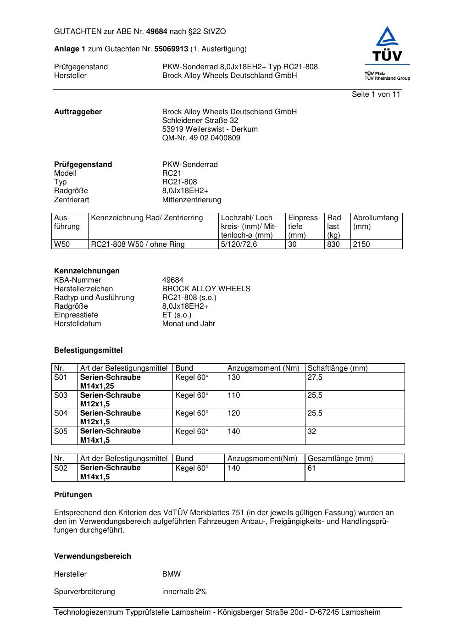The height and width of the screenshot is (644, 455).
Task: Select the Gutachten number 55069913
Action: click(171, 49)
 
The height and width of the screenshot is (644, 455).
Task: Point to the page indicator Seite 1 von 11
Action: click(376, 94)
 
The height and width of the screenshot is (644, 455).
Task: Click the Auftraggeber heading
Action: click(78, 112)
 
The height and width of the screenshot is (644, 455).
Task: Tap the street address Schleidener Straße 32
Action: click(200, 121)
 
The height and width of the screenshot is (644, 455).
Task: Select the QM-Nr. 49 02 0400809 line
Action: click(201, 138)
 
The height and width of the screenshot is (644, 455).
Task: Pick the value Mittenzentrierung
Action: click(191, 200)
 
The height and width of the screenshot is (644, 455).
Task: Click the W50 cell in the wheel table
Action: click(62, 244)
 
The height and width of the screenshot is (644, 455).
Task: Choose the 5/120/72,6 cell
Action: click(239, 244)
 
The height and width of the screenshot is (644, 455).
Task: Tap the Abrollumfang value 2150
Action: click(361, 244)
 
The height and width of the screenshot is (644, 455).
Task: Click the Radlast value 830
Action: click(333, 244)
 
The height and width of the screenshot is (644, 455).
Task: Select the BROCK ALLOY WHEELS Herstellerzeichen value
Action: click(206, 289)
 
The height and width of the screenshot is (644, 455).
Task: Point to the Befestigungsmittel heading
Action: click(88, 350)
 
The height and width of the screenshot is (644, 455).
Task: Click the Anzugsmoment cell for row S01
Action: click(234, 378)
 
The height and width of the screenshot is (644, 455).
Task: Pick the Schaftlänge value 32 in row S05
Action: click(312, 432)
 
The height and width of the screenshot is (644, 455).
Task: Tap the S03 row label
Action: click(61, 395)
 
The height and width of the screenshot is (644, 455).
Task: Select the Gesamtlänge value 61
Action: click(311, 468)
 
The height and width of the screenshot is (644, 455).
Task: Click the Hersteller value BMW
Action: click(172, 574)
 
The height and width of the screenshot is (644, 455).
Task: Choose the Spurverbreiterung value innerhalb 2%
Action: click(184, 592)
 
